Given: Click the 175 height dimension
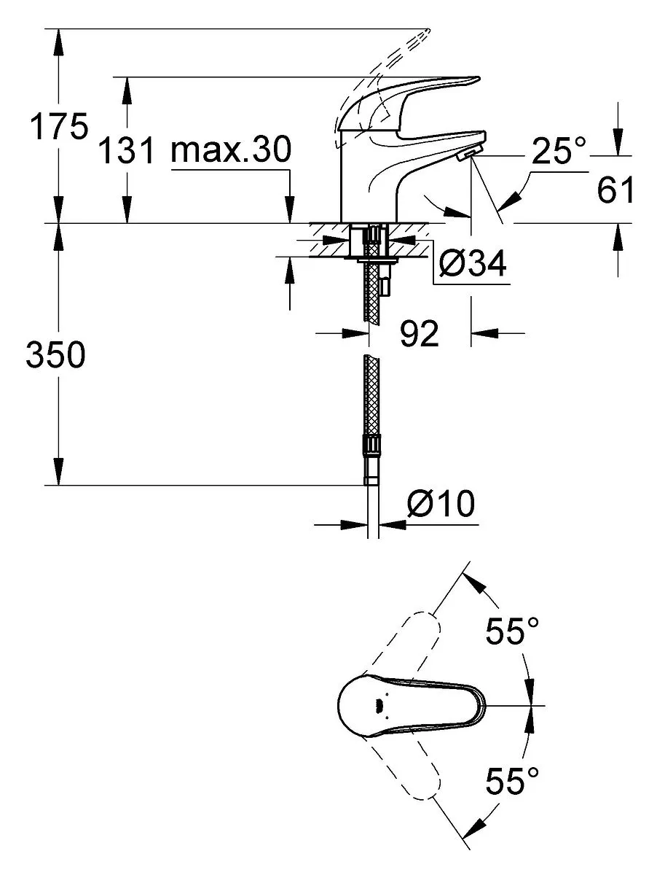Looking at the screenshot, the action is [59, 126].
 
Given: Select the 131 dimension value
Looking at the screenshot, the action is [126, 150].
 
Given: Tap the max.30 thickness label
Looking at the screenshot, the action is [232, 149].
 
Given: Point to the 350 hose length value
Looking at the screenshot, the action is [56, 354].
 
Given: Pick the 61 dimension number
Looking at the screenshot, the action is [615, 190].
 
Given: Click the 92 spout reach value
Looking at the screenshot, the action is [420, 333].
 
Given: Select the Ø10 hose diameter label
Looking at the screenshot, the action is [441, 503].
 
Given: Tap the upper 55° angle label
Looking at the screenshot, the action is [513, 631].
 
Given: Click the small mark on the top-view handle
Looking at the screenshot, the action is [377, 706].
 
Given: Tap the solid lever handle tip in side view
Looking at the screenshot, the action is [476, 79].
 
